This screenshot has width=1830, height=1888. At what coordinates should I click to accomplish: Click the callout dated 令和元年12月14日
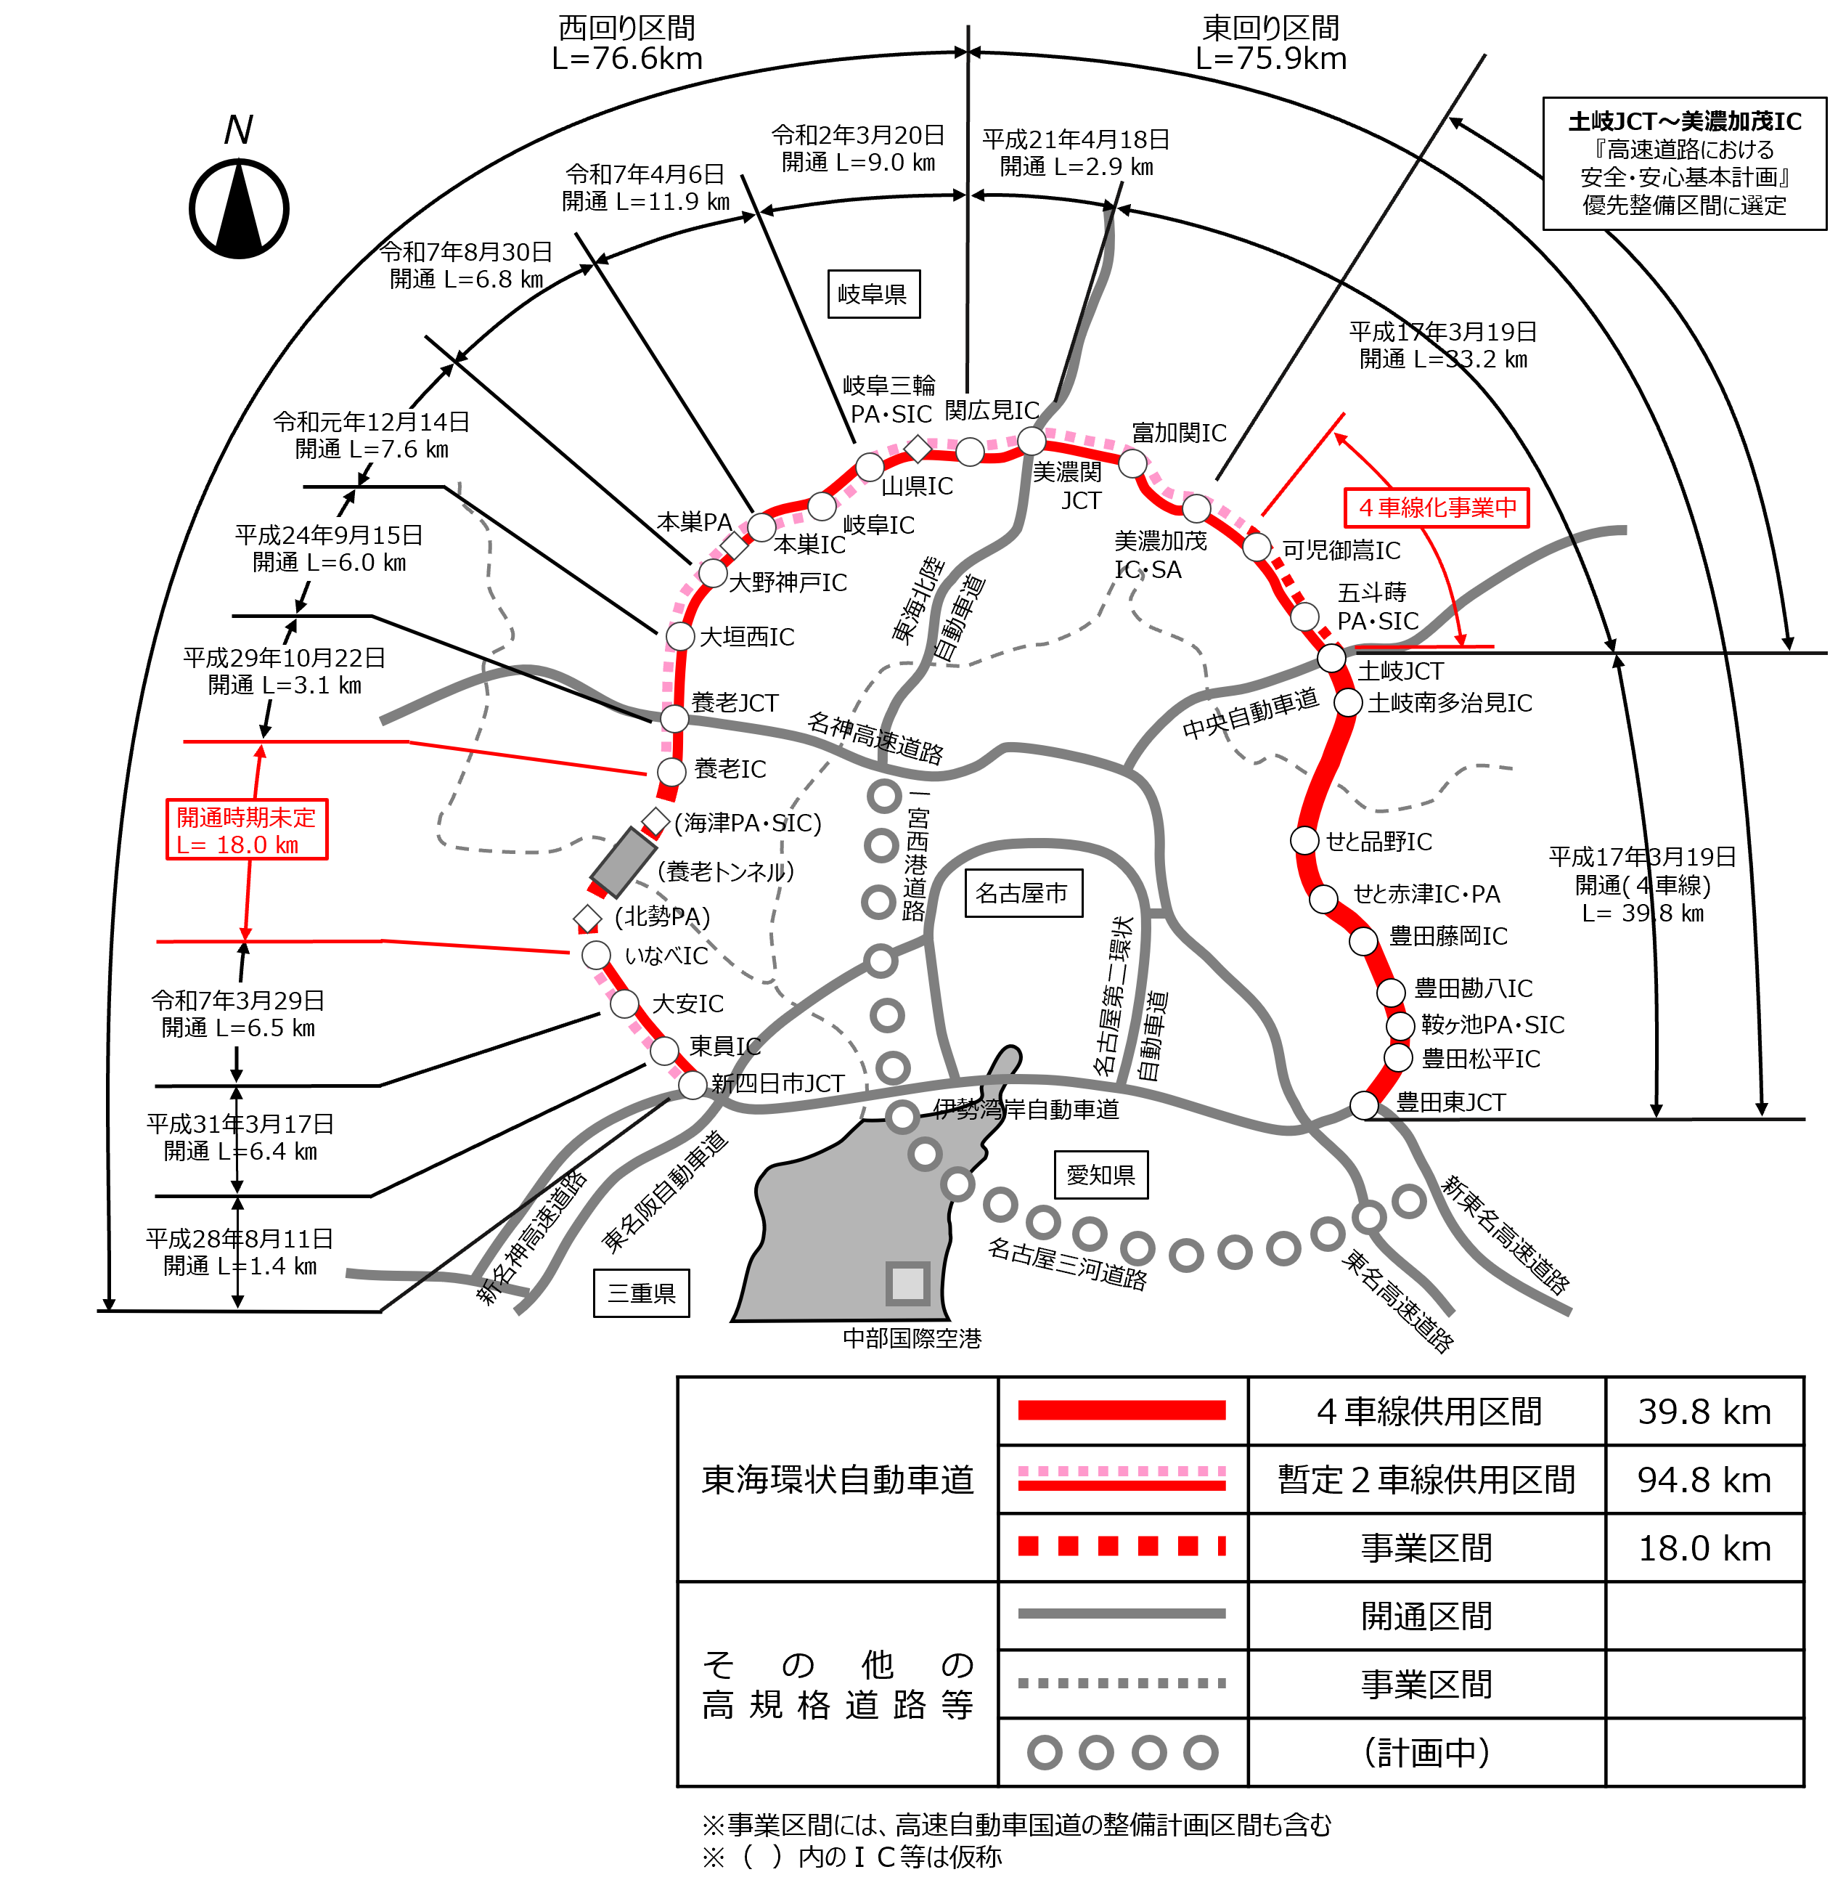click(x=371, y=436)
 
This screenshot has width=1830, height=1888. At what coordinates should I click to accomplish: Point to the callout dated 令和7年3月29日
click(x=238, y=1014)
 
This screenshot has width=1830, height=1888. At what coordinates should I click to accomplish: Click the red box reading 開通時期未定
click(x=247, y=830)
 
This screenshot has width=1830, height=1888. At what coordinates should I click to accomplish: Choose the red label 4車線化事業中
click(x=1436, y=508)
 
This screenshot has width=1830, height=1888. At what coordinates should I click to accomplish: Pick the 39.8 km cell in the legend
click(x=1704, y=1412)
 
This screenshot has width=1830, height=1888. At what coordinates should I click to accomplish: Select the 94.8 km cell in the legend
click(x=1704, y=1480)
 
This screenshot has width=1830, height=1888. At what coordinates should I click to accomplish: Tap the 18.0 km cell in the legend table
click(x=1704, y=1548)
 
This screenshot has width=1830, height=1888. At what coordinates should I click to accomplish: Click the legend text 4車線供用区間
click(x=1427, y=1412)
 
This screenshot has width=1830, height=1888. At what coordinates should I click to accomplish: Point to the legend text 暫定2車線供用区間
click(x=1427, y=1480)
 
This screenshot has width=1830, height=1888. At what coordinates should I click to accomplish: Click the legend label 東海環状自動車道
click(x=837, y=1480)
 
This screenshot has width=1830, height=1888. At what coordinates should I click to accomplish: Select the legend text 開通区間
click(x=1427, y=1616)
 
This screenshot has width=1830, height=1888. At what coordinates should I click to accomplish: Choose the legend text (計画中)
click(x=1427, y=1752)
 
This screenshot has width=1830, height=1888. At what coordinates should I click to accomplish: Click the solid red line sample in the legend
click(x=1122, y=1411)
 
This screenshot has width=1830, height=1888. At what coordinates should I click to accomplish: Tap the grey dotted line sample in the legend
click(x=1122, y=1684)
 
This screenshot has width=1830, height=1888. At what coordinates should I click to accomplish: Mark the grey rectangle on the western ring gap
click(x=623, y=862)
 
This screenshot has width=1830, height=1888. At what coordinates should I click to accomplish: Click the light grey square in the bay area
click(x=907, y=1283)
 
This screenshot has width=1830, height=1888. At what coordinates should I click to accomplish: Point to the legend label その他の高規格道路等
click(x=837, y=1684)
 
